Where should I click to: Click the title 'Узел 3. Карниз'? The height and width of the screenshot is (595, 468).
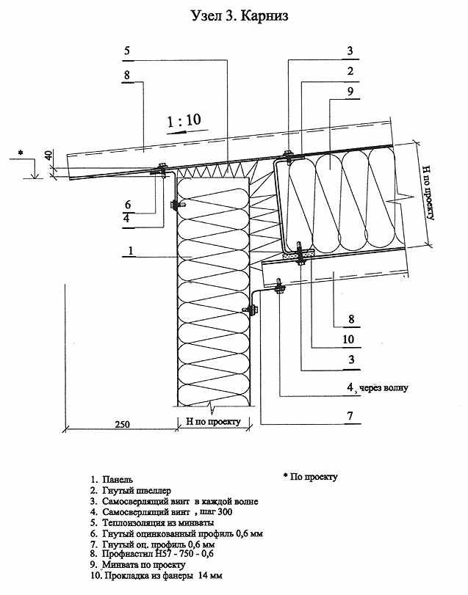tap(240, 15)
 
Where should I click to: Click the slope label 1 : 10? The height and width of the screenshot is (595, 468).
tap(184, 121)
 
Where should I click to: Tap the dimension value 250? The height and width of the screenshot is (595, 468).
tap(122, 424)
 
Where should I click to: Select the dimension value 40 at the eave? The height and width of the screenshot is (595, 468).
tap(49, 156)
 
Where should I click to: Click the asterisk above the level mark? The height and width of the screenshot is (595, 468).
tap(21, 153)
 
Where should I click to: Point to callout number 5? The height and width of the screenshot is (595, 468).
tap(127, 51)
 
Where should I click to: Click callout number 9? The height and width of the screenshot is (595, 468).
tap(350, 91)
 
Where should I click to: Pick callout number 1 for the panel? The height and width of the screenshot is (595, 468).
tap(130, 250)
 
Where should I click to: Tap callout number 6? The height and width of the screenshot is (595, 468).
tap(128, 205)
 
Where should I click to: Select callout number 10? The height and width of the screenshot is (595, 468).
tap(348, 339)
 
